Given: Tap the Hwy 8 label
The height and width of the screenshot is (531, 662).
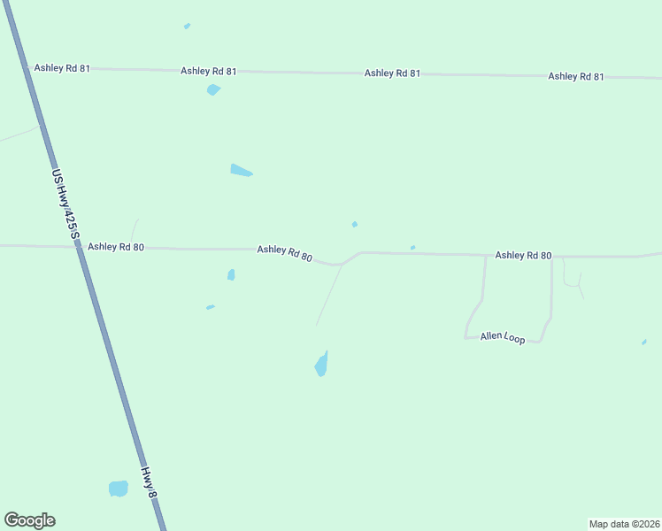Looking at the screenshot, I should pos(150,484).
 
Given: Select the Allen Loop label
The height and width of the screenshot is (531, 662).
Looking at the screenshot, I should pos(502,337).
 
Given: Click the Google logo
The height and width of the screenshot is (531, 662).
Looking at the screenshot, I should pos(29,520).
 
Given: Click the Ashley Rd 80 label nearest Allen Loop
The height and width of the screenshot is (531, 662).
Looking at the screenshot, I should pos(523,256).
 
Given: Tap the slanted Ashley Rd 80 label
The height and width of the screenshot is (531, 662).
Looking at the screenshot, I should pos(284,253).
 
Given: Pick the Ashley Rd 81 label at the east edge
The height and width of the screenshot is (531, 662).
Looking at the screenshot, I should pos(575,77).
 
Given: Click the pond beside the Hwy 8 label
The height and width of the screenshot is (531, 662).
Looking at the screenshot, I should pos(118,489).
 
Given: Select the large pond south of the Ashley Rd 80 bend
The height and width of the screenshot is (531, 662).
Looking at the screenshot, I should pos(321,365).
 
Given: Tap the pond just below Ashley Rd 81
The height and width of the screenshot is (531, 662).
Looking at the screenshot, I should pos(212,89).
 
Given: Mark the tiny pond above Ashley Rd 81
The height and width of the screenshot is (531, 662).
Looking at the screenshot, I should pos(187,26).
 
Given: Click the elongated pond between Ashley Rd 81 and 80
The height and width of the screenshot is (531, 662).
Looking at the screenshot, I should pos(241,170).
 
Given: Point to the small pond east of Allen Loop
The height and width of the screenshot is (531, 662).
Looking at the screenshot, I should pos(643,342).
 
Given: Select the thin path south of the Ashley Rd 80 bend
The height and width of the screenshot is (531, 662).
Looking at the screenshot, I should pos(328,296).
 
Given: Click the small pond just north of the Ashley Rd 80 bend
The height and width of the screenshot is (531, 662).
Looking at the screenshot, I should pos(355,224).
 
